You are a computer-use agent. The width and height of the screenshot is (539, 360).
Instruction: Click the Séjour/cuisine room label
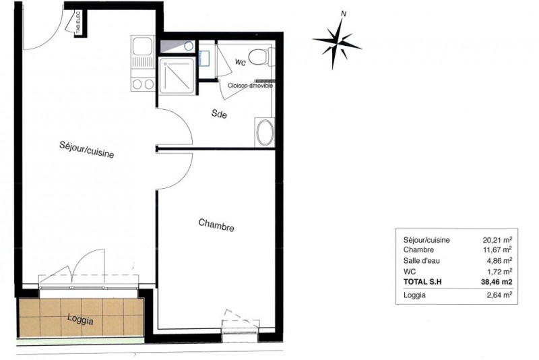point(87,150)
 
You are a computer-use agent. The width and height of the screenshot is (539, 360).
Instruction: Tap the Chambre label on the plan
point(216,225)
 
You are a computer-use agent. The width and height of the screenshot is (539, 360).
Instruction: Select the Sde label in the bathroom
point(219,113)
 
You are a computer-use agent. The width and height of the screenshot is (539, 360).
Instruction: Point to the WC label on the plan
point(241,62)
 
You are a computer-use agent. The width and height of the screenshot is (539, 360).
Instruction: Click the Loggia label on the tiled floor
point(80,319)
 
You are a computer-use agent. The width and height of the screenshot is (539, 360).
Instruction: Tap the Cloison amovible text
point(250,85)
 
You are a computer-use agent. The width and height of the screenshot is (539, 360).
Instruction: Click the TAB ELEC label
point(78,23)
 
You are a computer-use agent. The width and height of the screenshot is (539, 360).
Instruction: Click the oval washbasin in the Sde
point(265,132)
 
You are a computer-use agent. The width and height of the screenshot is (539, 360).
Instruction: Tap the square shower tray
point(177,76)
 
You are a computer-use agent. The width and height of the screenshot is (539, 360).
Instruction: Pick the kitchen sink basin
point(142,46)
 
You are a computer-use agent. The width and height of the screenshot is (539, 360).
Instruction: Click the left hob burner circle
point(137,84)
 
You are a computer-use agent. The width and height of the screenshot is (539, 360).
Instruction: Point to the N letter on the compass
point(343,14)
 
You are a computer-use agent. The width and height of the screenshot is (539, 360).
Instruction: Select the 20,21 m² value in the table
point(497,239)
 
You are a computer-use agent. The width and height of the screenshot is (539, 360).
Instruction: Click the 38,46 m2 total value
point(497,282)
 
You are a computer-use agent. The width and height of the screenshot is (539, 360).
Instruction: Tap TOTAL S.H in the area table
point(422,282)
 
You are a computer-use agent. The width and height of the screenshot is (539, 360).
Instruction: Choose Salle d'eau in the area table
point(422,261)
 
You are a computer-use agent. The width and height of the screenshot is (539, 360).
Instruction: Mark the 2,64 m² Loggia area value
point(499,295)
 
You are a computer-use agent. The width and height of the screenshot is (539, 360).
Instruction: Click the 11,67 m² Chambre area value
point(497,249)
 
